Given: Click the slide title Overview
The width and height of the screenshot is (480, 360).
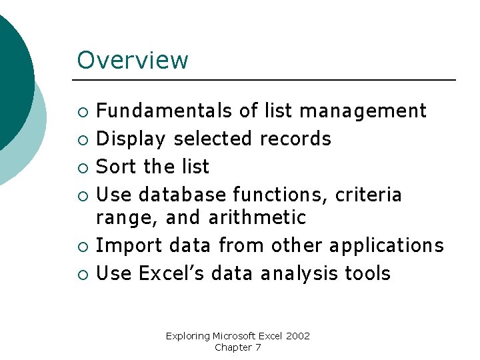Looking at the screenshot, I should coord(133,60).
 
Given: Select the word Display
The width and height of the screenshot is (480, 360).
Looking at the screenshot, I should coord(130,139).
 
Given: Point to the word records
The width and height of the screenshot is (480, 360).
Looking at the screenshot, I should coord(295,139).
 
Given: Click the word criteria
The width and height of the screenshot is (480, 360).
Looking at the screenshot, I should coord(369,195).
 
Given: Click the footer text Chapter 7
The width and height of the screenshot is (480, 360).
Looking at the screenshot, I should coord(238,347).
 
